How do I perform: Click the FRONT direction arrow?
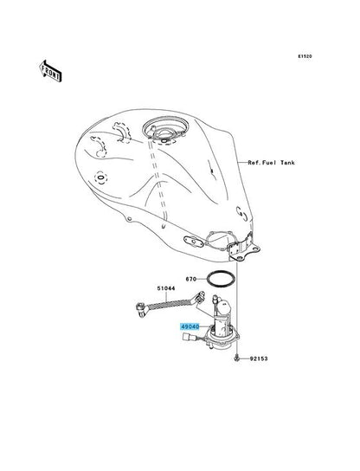tap(50, 71)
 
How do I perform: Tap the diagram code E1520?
tap(305, 56)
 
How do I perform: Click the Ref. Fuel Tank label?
tap(271, 163)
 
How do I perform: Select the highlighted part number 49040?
tap(190, 326)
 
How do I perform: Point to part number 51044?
tap(166, 288)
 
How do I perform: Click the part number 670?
tap(191, 279)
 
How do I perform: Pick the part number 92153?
tap(259, 358)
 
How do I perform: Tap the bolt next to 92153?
tap(237, 358)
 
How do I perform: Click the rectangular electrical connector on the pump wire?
tap(187, 338)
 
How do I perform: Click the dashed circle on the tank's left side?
tap(100, 177)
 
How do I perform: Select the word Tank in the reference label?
tap(287, 163)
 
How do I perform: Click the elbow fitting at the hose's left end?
tap(141, 310)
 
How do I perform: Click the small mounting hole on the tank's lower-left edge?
tap(129, 219)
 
